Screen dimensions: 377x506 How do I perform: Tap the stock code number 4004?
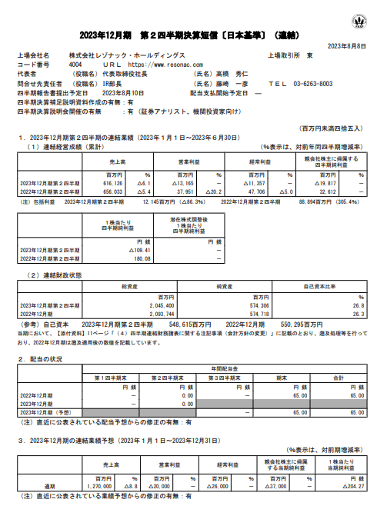click(x=75, y=66)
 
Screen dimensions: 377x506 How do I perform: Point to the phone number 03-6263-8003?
click(x=312, y=84)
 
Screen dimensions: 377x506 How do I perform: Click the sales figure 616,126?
click(x=100, y=184)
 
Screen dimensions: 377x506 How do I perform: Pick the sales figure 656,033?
click(x=100, y=191)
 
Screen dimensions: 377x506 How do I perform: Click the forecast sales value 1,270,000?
click(x=99, y=487)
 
